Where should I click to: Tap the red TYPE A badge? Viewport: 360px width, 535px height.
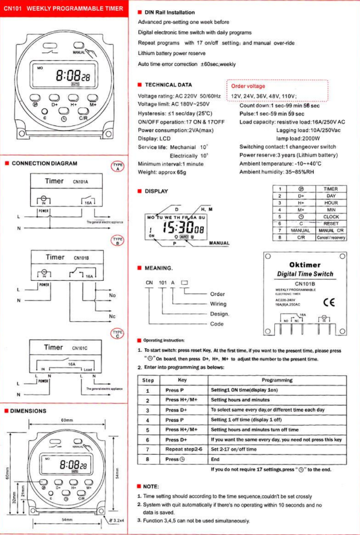coord(118,167)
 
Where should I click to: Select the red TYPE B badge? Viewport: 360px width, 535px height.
coord(118,242)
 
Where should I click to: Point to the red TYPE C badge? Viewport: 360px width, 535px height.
coord(118,333)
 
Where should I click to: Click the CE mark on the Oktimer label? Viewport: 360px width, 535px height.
coord(330,301)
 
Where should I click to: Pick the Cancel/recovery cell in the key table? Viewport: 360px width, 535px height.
coord(330,237)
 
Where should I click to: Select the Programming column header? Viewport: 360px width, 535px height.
coord(277,380)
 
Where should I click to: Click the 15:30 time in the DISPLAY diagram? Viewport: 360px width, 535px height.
coord(178,228)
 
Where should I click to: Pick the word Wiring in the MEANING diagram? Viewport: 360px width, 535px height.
coord(218,304)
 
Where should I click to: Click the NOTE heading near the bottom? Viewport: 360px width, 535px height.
coord(151,485)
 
